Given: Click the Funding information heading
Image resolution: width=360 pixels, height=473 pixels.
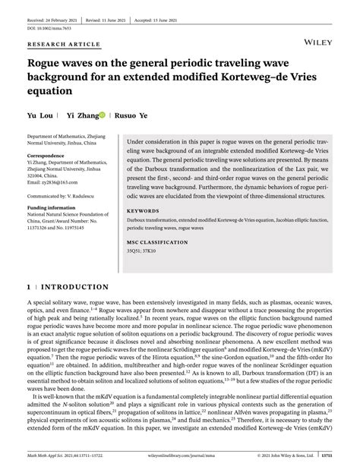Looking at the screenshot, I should pos(55,207).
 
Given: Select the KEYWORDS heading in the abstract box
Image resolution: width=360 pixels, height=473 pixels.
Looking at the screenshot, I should pos(143,210).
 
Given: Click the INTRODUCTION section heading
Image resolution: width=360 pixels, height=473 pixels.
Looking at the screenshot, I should pos(72,288).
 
